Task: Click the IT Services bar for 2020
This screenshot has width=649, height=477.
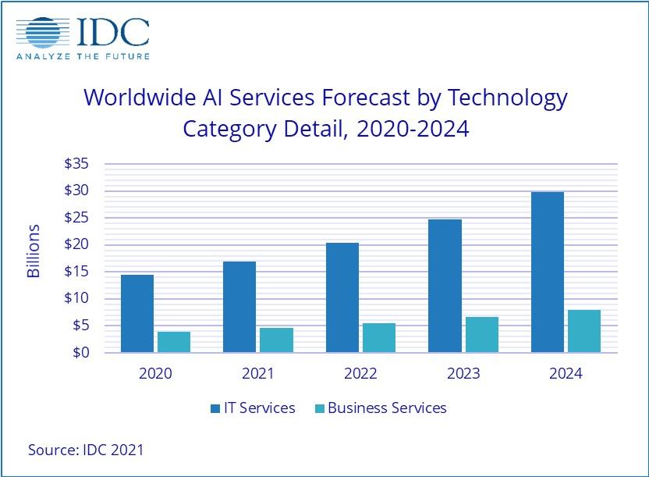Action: click(137, 313)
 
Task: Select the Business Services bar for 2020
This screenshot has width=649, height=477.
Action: click(174, 342)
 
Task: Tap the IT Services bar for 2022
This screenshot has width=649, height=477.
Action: click(342, 297)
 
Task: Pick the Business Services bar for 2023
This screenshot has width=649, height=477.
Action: click(481, 334)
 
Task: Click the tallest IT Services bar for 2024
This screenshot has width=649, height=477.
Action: click(547, 272)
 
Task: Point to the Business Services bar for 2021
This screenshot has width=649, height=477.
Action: click(276, 340)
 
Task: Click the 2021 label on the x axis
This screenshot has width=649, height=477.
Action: click(258, 373)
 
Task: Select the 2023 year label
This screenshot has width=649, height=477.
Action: click(463, 373)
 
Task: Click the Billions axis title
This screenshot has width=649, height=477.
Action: click(34, 251)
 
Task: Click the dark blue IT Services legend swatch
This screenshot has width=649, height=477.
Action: click(215, 408)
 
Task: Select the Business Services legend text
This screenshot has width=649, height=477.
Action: click(387, 408)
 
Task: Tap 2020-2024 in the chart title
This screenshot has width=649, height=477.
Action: click(413, 128)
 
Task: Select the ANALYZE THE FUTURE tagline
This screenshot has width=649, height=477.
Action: click(83, 56)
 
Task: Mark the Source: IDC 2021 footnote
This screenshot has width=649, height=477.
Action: click(86, 450)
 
